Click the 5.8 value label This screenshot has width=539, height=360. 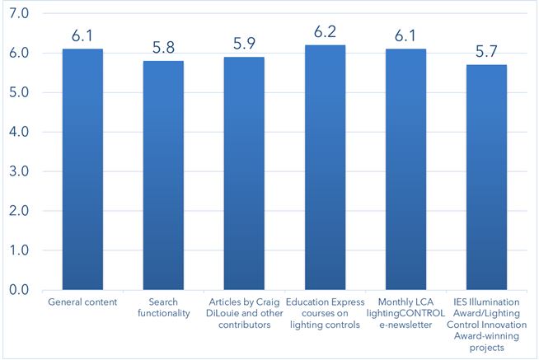coord(163,48)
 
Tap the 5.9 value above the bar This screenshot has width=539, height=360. coord(245,44)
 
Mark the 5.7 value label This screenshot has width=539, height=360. coord(487,51)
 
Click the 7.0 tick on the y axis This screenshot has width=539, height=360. coord(19,14)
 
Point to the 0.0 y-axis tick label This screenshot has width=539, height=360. coord(19,290)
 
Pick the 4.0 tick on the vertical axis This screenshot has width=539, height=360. coord(19,132)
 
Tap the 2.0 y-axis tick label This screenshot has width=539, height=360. coord(19,211)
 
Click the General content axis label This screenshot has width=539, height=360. coord(82,302)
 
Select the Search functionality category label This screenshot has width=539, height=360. coord(163,308)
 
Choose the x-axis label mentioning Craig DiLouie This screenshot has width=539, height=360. coord(245,314)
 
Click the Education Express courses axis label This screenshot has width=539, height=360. coord(326,314)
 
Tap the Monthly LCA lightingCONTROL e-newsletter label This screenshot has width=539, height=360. coord(406,314)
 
